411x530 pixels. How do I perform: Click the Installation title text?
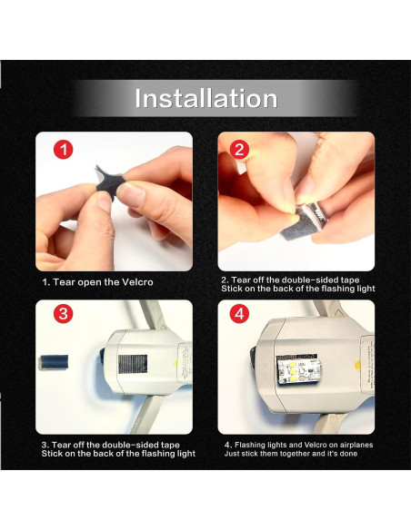(x=206, y=98)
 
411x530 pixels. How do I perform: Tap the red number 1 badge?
(x=64, y=150)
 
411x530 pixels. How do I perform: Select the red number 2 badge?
(x=239, y=150)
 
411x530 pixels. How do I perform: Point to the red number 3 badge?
(x=64, y=314)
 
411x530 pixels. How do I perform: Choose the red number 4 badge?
(x=239, y=314)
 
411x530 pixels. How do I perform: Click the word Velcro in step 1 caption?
(x=137, y=282)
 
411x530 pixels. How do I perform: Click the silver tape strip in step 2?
(x=304, y=223)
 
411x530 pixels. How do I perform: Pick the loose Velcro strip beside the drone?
(x=54, y=362)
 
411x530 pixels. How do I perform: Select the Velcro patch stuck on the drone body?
(x=133, y=364)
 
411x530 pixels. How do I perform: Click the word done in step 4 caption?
(x=348, y=453)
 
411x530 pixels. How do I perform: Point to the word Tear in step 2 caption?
(x=240, y=280)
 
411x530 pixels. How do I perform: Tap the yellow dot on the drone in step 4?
(x=357, y=365)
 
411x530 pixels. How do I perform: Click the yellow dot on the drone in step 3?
(x=175, y=364)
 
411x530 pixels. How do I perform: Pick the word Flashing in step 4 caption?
(x=249, y=445)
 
